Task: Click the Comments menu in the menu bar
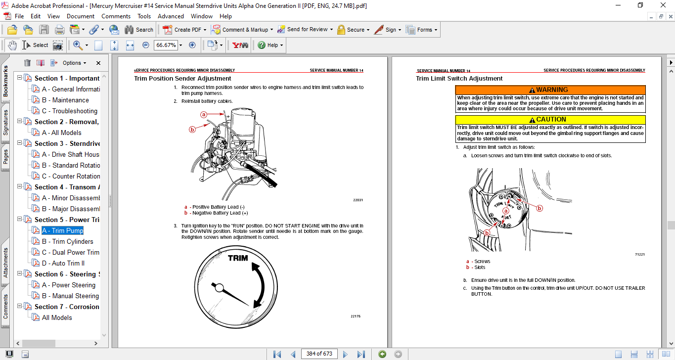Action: click(116, 16)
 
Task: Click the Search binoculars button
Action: click(138, 30)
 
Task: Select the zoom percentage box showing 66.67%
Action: click(166, 45)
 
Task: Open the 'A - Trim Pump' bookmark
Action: click(62, 230)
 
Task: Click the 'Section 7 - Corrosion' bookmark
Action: click(66, 307)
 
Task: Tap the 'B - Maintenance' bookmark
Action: click(65, 100)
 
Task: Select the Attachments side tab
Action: click(6, 263)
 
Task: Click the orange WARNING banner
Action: click(550, 90)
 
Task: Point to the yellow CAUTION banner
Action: click(550, 120)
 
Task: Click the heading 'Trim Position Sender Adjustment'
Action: click(182, 78)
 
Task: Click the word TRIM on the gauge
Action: click(238, 258)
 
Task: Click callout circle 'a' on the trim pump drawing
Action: click(203, 114)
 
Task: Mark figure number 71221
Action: click(640, 254)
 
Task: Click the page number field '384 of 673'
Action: click(319, 354)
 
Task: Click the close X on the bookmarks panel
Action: click(98, 63)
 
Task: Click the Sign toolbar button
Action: click(385, 30)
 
